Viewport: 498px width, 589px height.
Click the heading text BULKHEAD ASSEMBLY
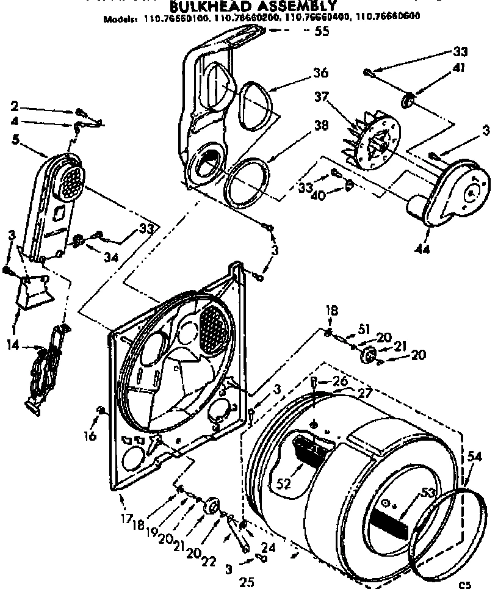(x=251, y=7)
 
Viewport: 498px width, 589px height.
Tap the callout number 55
(x=321, y=31)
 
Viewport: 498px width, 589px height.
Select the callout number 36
(x=320, y=73)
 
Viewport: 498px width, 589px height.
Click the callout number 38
(x=320, y=126)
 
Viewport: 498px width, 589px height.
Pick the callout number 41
(x=460, y=68)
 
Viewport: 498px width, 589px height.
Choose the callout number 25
(x=247, y=582)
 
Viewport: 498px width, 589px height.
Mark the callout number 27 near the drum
(x=364, y=394)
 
